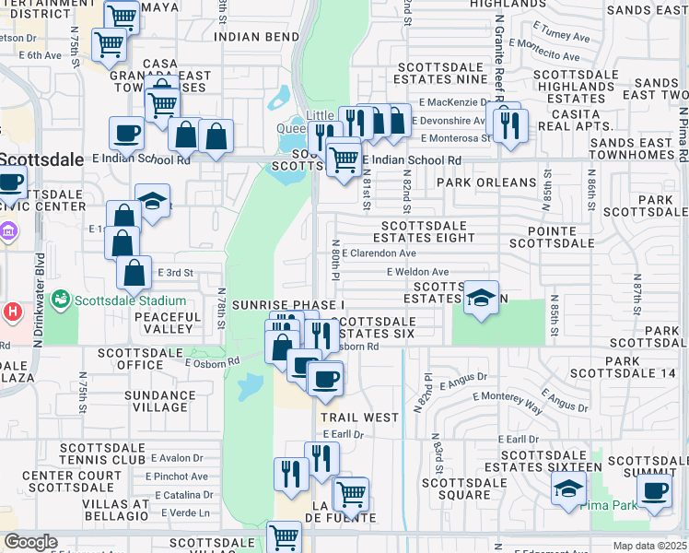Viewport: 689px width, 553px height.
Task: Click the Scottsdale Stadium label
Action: coord(130,301)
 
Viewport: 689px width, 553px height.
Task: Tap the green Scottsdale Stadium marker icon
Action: coord(61,300)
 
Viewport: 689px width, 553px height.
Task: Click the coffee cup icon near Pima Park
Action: coord(654,489)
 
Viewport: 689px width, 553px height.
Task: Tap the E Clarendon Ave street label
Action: coord(379,253)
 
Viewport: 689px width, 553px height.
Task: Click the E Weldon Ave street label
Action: coord(417,272)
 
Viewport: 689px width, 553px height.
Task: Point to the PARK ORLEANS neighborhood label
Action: coord(485,182)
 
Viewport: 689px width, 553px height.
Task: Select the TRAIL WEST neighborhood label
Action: coord(359,418)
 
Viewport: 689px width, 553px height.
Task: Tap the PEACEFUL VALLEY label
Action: coord(167,323)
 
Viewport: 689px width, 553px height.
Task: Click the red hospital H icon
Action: coord(10,312)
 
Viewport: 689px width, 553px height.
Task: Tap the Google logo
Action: coord(30,542)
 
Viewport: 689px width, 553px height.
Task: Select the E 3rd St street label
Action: coord(175,273)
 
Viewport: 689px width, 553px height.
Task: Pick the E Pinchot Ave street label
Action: coord(180,477)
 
